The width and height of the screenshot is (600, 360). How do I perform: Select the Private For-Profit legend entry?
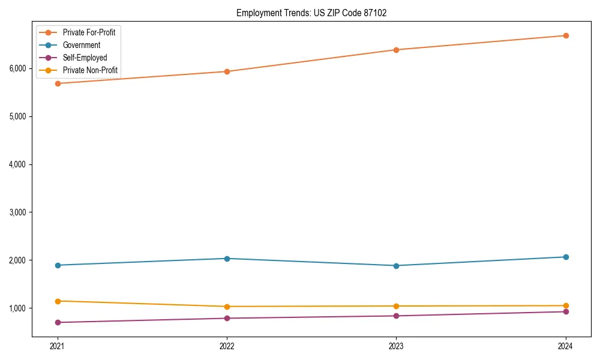tap(89, 32)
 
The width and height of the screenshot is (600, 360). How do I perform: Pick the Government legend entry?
tap(81, 45)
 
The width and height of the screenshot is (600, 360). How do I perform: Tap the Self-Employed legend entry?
tap(85, 58)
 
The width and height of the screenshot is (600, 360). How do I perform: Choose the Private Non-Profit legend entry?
tap(90, 71)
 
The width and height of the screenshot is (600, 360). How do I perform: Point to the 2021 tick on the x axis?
tap(58, 346)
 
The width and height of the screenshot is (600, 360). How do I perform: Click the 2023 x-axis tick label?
tap(396, 346)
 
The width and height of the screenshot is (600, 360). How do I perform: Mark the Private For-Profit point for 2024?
tap(566, 35)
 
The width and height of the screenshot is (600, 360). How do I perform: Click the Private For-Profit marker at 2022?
tap(227, 71)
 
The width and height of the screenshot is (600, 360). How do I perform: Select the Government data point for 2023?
tap(396, 266)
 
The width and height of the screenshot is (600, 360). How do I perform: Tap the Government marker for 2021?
tap(58, 265)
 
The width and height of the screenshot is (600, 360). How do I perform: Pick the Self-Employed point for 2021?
tap(58, 322)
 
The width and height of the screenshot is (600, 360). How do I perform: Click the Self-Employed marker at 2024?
tap(566, 311)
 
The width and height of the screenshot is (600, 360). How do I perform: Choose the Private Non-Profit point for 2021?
tap(58, 301)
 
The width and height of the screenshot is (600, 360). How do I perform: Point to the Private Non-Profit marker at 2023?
tap(396, 306)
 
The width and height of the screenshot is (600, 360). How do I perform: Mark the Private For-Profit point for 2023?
tap(396, 50)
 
